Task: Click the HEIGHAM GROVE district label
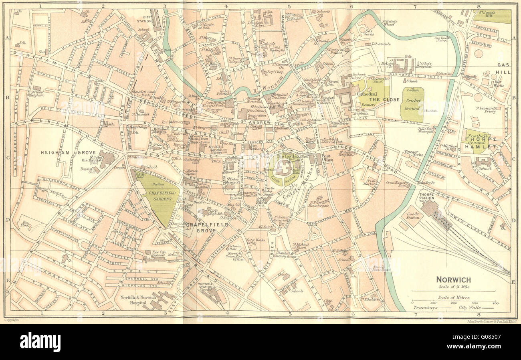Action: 57,152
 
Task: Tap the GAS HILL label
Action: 503,68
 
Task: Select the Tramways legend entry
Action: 425,308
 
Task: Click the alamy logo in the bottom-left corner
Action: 40,342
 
